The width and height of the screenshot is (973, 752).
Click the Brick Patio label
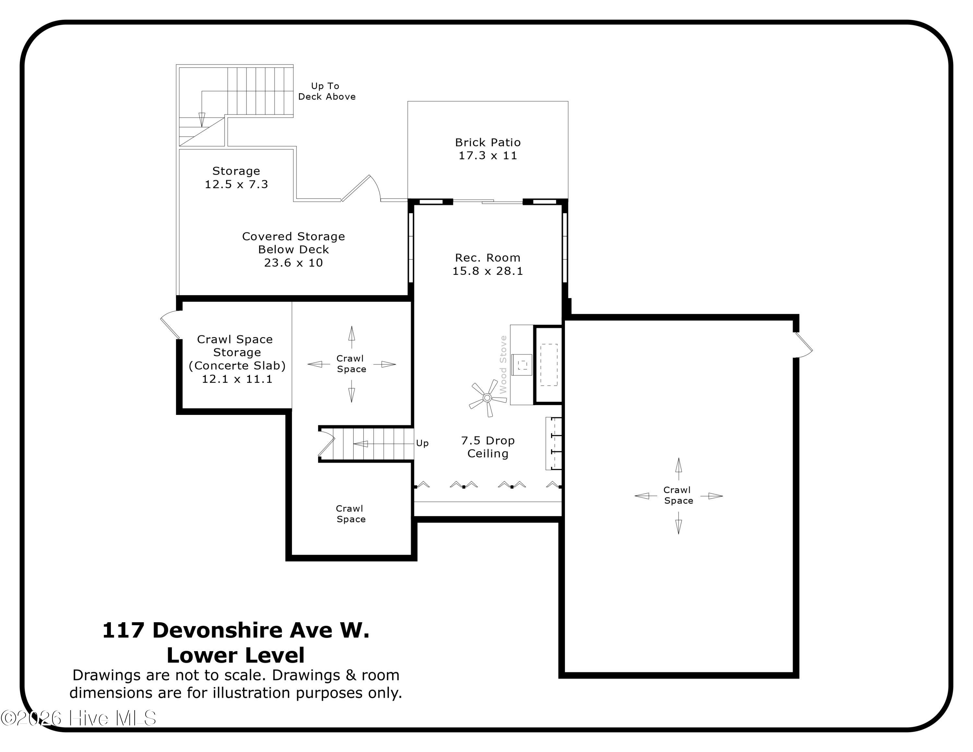point(488,149)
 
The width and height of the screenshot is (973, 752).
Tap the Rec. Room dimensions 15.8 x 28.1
point(488,271)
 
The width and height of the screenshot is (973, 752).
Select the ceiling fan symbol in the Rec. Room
point(487,397)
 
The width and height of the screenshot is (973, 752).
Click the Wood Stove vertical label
point(503,364)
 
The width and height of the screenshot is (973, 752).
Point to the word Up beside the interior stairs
point(422,443)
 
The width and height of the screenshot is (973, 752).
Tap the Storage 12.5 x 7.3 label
point(236,177)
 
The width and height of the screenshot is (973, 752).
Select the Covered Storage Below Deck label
point(293,249)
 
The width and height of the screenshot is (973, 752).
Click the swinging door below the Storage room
point(361,188)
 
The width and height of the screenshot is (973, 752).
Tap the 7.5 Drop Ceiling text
point(488,447)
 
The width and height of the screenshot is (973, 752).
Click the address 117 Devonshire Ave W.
point(236,630)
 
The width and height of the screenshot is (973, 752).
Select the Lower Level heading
point(236,655)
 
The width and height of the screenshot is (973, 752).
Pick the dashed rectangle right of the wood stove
point(549,365)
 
